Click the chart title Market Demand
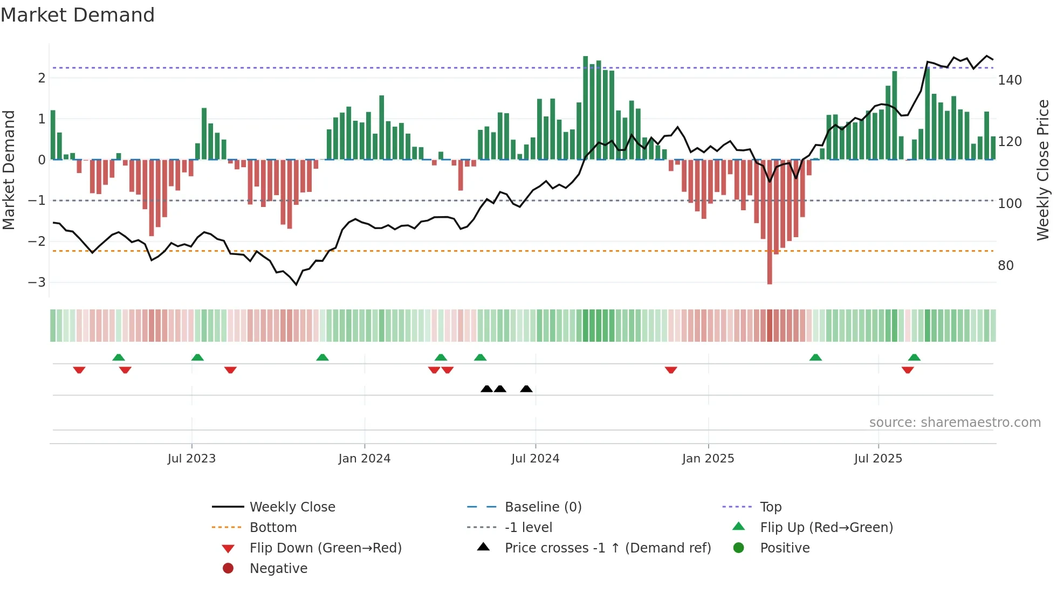pyautogui.click(x=78, y=15)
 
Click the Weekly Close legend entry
pyautogui.click(x=292, y=507)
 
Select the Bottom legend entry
pyautogui.click(x=273, y=527)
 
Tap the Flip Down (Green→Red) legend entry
pyautogui.click(x=325, y=548)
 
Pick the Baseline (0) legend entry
pyautogui.click(x=543, y=507)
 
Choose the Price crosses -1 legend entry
pyautogui.click(x=607, y=548)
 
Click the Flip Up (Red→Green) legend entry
pyautogui.click(x=826, y=527)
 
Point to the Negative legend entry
pyautogui.click(x=278, y=568)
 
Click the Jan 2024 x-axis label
pyautogui.click(x=364, y=458)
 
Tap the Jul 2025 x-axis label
pyautogui.click(x=878, y=458)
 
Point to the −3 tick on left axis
pyautogui.click(x=37, y=282)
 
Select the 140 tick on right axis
pyautogui.click(x=1010, y=80)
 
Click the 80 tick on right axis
pyautogui.click(x=1005, y=265)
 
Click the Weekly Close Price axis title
pyautogui.click(x=1043, y=170)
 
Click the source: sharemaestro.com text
pyautogui.click(x=955, y=422)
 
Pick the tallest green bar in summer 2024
pyautogui.click(x=585, y=108)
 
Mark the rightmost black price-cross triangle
pyautogui.click(x=526, y=389)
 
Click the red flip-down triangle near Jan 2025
pyautogui.click(x=671, y=370)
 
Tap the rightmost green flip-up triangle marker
pyautogui.click(x=914, y=357)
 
